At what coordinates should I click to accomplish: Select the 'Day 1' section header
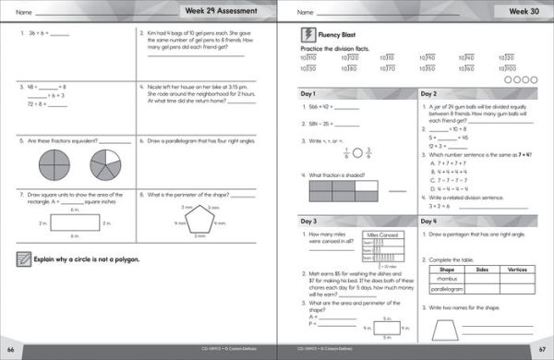click(308, 95)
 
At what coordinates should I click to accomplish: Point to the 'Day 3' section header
click(308, 222)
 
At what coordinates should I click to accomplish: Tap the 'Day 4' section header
click(429, 222)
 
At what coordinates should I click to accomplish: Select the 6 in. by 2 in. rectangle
click(63, 224)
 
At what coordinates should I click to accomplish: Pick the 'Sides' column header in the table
click(479, 270)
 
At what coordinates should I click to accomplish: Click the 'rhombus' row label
click(444, 278)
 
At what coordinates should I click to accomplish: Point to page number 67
click(543, 351)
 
